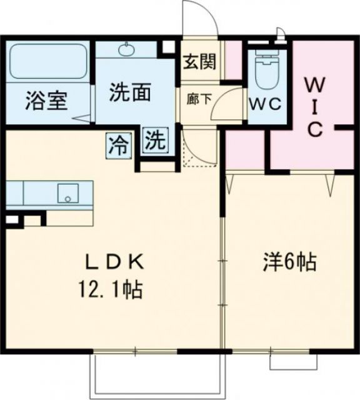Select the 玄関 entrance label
[x=200, y=62]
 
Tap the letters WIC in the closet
[x=314, y=106]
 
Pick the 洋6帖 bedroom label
[x=288, y=262]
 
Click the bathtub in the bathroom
[x=48, y=62]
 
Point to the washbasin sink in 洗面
[x=127, y=49]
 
